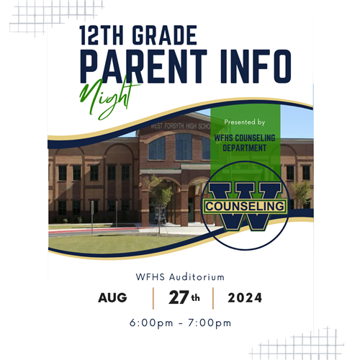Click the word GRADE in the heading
point(164,35)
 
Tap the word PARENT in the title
point(143,66)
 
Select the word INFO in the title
point(256,66)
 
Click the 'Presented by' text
point(245,122)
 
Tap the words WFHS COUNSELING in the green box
point(245,138)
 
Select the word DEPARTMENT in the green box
point(245,148)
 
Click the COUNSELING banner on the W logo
point(245,206)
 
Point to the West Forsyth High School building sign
point(181,126)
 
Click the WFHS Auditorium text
point(180,277)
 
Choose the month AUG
point(112,298)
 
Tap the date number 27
point(179,297)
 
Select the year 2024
point(245,298)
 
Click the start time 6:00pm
point(151,323)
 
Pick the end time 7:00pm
point(210,323)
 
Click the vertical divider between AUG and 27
point(153,298)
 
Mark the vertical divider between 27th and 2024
point(213,298)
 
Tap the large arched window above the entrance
point(184,146)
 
